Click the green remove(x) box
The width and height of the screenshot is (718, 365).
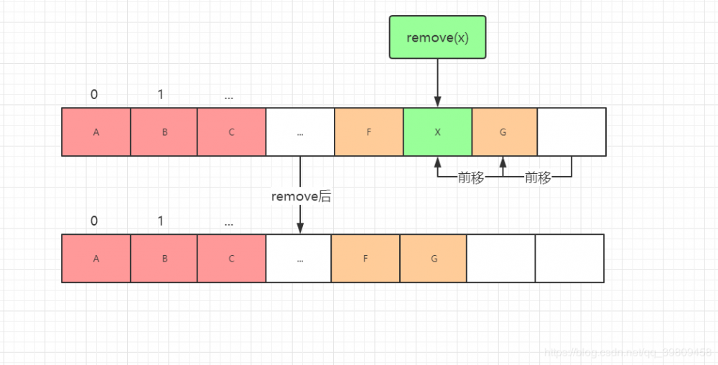437,37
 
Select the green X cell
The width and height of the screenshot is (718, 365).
437,132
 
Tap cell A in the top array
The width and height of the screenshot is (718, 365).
96,132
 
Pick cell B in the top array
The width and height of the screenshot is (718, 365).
164,132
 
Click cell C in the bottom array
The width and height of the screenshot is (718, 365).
232,259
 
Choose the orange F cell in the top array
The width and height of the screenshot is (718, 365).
369,132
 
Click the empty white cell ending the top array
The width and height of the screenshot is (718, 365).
572,132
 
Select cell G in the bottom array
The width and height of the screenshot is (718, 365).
434,259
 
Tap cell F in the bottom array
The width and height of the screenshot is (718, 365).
365,259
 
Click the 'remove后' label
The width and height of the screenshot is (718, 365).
301,196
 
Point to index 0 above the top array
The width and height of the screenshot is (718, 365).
94,95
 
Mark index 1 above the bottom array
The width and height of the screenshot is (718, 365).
161,221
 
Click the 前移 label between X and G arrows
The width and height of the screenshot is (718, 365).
470,177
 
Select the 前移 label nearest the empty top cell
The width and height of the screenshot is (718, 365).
538,177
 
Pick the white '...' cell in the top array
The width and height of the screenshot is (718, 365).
300,132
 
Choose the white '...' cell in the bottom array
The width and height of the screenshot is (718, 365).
299,259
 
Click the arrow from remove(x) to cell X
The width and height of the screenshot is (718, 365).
437,83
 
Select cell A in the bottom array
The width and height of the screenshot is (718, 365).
96,259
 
